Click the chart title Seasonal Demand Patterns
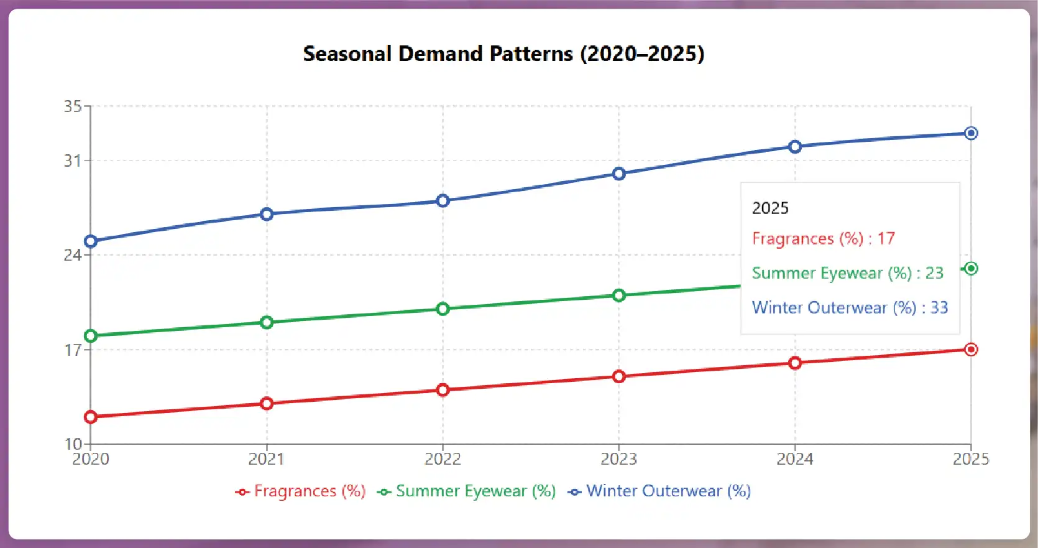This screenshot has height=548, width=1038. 503,53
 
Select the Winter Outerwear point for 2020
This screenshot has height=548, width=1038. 91,241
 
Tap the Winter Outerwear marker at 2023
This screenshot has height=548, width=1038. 618,174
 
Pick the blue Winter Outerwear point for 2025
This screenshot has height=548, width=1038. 971,133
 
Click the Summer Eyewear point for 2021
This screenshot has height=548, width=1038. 267,322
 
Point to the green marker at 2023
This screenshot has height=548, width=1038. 618,295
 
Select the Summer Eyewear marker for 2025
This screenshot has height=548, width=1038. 971,269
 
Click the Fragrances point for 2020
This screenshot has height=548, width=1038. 91,417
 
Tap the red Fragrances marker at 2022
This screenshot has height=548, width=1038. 443,390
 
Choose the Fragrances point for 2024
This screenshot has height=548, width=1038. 795,363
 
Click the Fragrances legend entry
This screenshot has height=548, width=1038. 301,491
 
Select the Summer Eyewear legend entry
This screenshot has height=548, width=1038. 467,491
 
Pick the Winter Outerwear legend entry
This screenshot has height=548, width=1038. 659,491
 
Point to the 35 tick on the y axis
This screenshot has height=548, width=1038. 73,106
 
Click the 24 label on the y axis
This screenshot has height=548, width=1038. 73,255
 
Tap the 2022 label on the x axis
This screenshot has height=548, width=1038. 443,459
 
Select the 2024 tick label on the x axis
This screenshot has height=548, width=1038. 795,459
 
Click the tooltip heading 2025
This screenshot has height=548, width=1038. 770,208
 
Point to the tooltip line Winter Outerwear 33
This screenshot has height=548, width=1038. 850,308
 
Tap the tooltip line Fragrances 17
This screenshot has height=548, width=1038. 823,239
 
